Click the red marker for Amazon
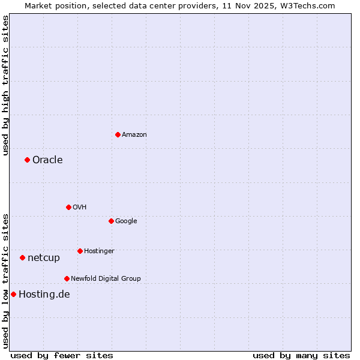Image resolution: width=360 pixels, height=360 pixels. [118, 134]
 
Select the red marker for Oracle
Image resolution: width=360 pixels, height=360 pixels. [27, 160]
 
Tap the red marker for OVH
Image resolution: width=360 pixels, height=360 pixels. [68, 207]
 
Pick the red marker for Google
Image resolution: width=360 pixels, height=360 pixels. [111, 221]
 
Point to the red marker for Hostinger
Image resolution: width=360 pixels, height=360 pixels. [80, 251]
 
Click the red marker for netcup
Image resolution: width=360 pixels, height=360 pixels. [22, 257]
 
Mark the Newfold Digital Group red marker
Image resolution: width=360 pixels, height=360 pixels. [67, 278]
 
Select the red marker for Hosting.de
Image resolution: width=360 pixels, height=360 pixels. [13, 294]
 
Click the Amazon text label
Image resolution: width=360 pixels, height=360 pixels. [134, 134]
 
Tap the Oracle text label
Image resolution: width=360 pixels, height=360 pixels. [47, 160]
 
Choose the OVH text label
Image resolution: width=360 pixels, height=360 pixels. [80, 207]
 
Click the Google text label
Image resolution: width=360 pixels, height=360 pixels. [126, 221]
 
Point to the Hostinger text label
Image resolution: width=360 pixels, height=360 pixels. [99, 251]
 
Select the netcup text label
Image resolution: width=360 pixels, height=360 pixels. [44, 257]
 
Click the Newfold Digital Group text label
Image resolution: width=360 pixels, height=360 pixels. [106, 278]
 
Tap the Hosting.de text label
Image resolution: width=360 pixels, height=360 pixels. [44, 294]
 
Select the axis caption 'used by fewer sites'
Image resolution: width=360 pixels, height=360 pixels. [62, 355]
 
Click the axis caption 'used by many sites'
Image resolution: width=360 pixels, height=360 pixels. [301, 355]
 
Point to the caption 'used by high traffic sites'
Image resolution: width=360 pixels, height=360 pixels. [6, 85]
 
